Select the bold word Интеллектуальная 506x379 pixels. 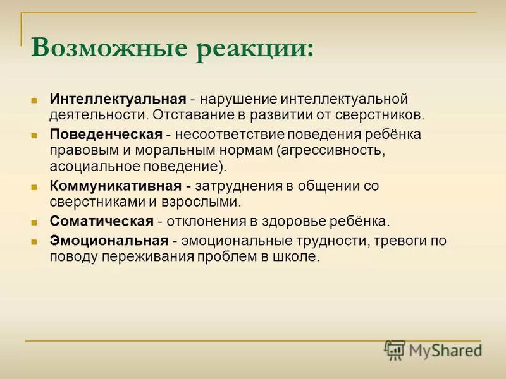pyautogui.click(x=118, y=100)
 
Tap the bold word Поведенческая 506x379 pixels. pyautogui.click(x=107, y=135)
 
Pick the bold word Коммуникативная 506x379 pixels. pyautogui.click(x=116, y=186)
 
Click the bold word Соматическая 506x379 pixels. pyautogui.click(x=102, y=221)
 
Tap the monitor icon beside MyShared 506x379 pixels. pyautogui.click(x=395, y=349)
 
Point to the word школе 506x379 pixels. pyautogui.click(x=299, y=256)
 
